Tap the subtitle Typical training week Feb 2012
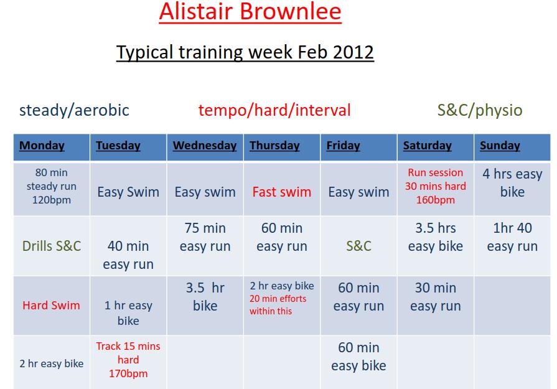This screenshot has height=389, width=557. click(245, 52)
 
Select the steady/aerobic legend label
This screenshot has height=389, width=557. click(74, 110)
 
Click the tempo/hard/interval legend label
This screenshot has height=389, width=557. click(274, 110)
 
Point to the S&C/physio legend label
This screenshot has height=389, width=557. click(480, 110)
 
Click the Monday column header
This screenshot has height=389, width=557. click(42, 146)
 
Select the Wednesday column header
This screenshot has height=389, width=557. click(205, 146)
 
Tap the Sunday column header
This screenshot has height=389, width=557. click(500, 146)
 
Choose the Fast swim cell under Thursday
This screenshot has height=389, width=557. click(282, 192)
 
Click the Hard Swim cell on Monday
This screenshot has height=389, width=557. click(51, 305)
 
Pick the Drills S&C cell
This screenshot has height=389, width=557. click(52, 246)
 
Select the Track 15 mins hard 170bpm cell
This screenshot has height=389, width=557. click(128, 360)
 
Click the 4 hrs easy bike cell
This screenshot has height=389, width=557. click(512, 183)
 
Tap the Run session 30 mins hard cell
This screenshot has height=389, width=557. click(436, 186)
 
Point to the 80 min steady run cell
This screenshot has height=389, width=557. click(52, 186)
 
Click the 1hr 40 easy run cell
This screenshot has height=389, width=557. click(512, 237)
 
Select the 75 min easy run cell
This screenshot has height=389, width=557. click(205, 237)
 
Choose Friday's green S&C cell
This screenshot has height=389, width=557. click(358, 246)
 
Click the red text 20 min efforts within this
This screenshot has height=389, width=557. click(278, 305)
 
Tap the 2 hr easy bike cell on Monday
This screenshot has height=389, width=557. click(52, 363)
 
